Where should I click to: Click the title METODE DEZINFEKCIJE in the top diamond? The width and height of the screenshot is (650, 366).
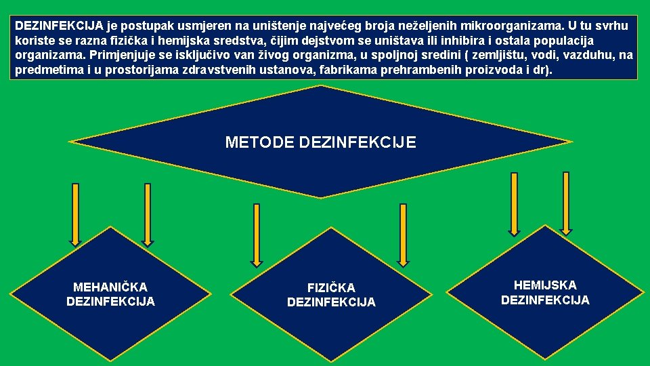(320, 142)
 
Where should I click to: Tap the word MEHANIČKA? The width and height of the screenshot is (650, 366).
(110, 287)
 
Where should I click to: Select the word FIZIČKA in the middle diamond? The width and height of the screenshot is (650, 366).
(331, 288)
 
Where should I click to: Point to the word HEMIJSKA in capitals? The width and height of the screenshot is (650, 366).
(545, 285)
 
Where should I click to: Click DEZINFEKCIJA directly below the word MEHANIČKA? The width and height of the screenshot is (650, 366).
(110, 301)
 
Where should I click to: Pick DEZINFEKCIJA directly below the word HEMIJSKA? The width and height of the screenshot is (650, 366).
(545, 300)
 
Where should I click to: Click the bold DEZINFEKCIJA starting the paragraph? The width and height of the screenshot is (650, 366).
(59, 26)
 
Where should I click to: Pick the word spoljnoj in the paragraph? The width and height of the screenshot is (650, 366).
(381, 56)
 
